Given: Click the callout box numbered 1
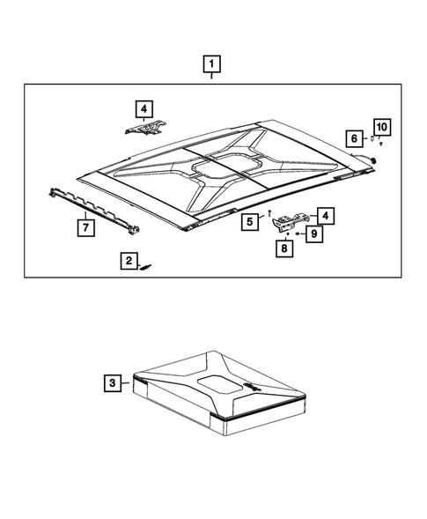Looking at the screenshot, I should (211, 63).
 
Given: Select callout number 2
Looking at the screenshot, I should (129, 261).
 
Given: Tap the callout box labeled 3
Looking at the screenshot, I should (112, 382).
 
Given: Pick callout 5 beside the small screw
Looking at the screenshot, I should (251, 221).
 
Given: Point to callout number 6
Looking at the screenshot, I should (353, 138).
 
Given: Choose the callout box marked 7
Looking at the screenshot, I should (85, 227).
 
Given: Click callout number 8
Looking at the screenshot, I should (284, 249).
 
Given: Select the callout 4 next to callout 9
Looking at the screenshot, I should (325, 215).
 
